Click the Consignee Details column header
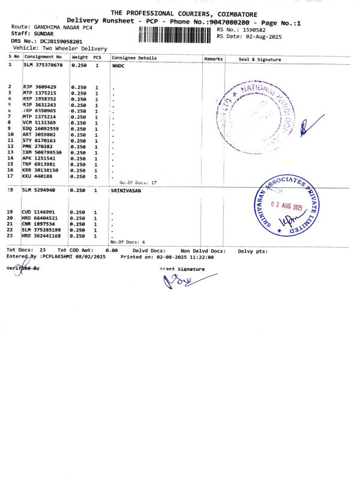click(134, 58)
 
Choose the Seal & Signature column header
click(259, 59)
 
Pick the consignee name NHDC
click(118, 65)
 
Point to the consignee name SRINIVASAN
click(126, 190)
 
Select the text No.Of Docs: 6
click(128, 241)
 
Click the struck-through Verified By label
click(23, 268)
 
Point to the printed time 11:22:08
click(202, 257)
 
